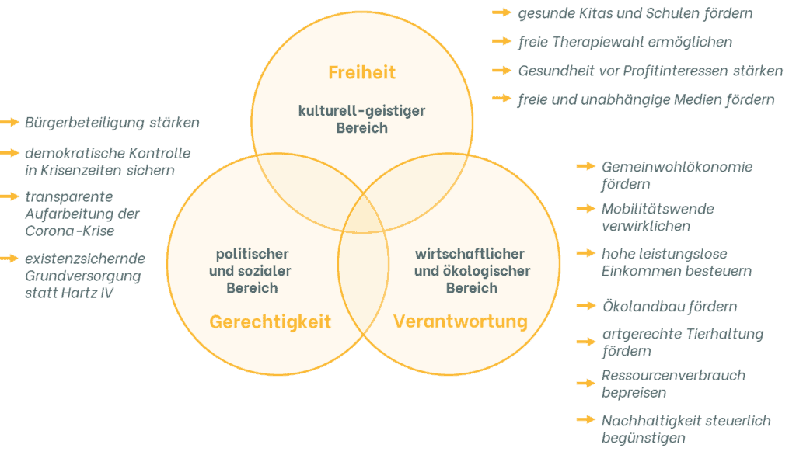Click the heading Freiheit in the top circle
(361, 73)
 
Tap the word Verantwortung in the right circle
(460, 321)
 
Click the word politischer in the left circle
(252, 254)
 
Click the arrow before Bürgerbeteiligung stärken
(10, 122)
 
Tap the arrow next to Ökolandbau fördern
(585, 306)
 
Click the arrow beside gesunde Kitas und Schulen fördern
(501, 13)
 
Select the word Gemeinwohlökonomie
(677, 167)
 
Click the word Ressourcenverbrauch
(673, 376)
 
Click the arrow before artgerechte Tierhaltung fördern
(585, 340)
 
